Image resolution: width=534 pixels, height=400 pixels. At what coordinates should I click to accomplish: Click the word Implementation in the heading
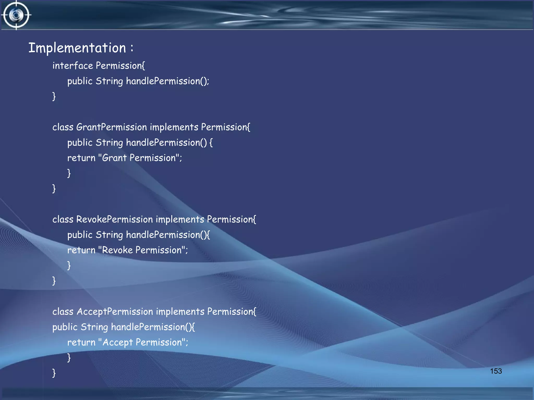tap(77, 48)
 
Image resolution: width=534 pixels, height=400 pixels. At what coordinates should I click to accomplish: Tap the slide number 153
tap(496, 371)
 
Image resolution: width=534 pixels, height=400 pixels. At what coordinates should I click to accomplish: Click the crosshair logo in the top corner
tap(16, 15)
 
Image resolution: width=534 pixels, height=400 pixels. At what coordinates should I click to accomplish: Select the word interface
tap(72, 66)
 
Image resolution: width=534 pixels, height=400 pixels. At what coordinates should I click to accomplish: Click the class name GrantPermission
tap(112, 127)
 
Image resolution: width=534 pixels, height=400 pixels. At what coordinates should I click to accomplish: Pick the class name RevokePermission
tap(114, 220)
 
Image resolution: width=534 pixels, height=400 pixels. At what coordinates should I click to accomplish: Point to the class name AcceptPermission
tap(115, 312)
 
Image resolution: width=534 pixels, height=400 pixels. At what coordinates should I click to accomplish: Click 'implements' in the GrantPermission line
tap(174, 127)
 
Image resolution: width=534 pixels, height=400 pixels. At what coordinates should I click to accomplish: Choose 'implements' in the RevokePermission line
tap(180, 220)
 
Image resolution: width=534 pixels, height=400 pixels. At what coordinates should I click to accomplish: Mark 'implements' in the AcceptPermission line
tap(180, 312)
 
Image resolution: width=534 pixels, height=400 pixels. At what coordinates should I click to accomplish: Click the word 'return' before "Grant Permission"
tap(81, 158)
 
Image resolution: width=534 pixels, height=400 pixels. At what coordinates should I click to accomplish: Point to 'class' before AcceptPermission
tap(63, 312)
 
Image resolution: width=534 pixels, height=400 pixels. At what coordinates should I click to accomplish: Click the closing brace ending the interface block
tap(54, 96)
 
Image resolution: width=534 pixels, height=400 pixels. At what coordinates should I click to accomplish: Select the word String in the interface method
tap(109, 81)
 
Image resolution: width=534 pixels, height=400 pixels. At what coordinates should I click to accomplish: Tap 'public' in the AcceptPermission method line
tap(65, 327)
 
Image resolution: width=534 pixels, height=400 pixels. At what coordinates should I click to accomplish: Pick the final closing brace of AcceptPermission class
tap(54, 373)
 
